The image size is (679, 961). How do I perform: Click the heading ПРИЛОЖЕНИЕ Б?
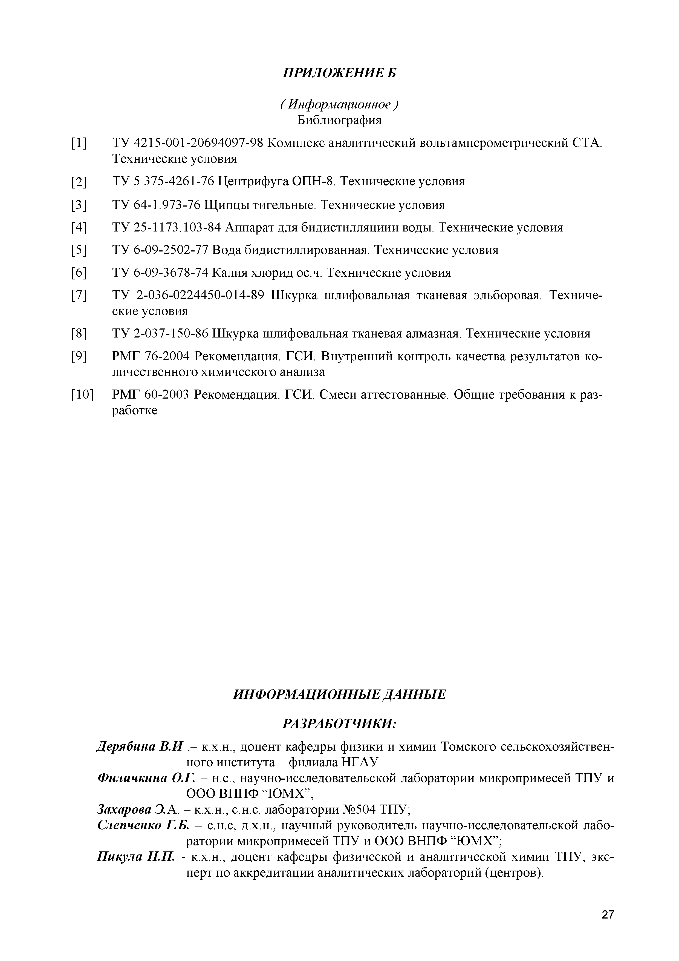tap(339, 73)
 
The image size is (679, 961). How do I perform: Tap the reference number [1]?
tap(79, 144)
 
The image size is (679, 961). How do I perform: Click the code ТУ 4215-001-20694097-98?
tap(188, 143)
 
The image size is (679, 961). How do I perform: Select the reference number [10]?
tap(83, 395)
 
